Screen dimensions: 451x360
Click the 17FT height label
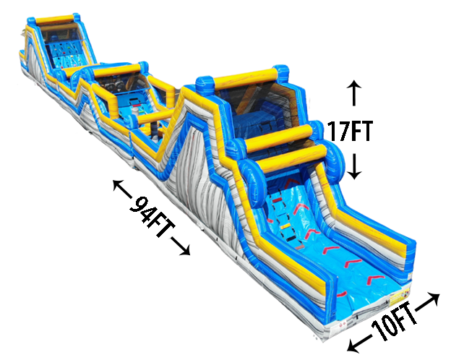pos(350,132)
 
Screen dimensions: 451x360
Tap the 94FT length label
pos(152,218)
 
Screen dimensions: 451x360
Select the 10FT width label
pos(394,322)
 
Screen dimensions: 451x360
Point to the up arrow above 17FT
pos(353,93)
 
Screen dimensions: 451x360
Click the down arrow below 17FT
pos(354,166)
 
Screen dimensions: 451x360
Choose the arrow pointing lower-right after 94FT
pos(181,246)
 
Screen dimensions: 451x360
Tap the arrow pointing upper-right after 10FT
pos(428,301)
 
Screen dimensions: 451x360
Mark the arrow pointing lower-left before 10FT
pos(359,343)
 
